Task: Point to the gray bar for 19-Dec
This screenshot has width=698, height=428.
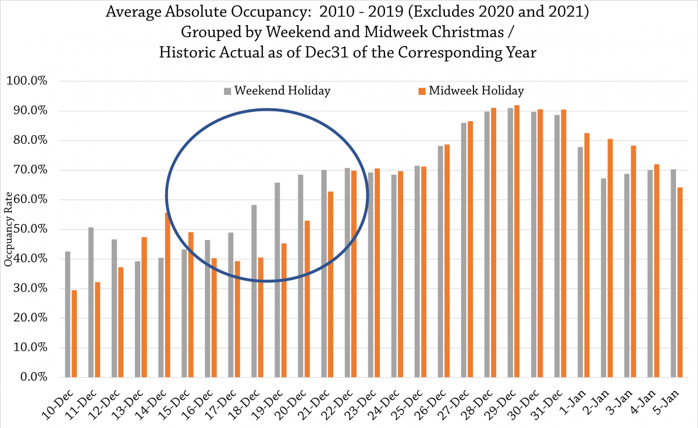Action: (x=277, y=280)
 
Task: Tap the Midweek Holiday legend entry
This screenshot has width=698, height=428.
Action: (x=472, y=91)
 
